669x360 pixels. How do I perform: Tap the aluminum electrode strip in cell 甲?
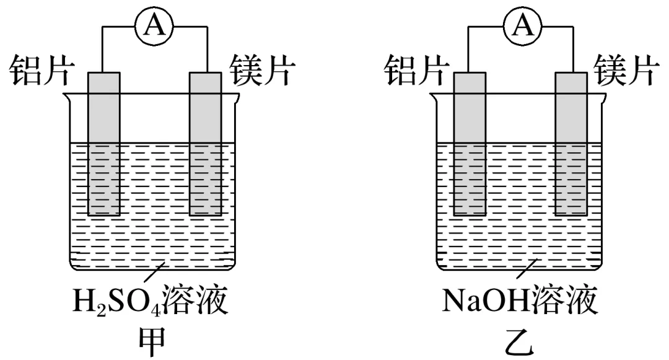[x=103, y=143]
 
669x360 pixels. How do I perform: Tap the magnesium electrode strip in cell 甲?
[x=204, y=143]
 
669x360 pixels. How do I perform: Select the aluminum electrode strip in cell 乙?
[x=469, y=143]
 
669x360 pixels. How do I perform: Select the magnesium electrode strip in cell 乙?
[x=570, y=143]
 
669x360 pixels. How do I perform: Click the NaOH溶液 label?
[x=520, y=304]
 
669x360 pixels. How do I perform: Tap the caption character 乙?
[x=519, y=341]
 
